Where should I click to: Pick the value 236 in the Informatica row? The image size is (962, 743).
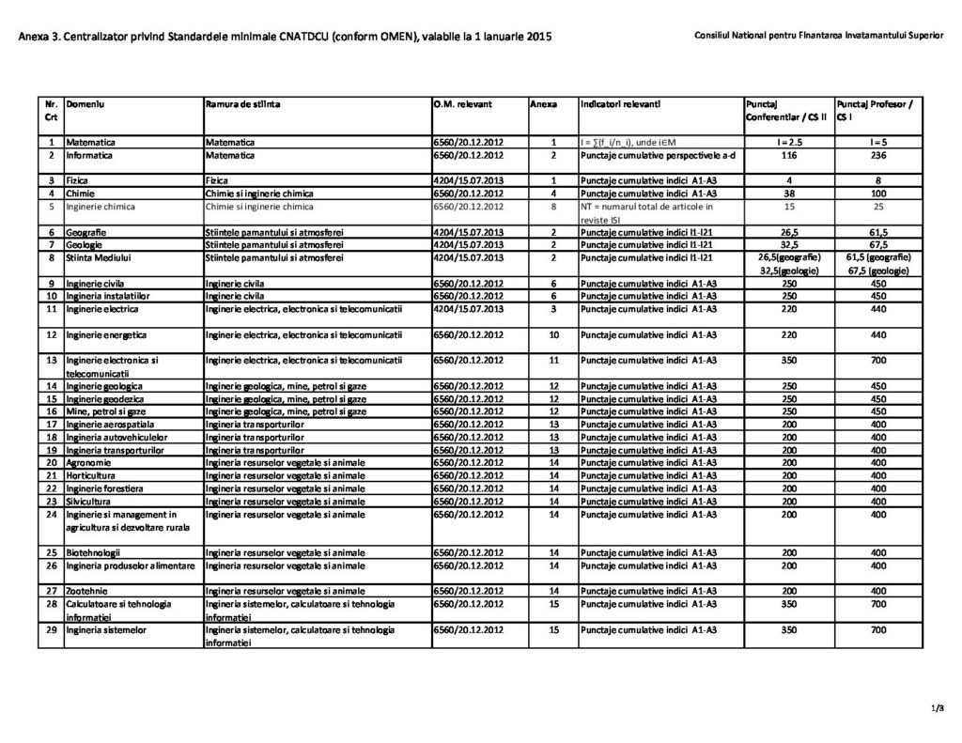pyautogui.click(x=879, y=154)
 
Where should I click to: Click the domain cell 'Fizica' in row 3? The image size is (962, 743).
pyautogui.click(x=77, y=178)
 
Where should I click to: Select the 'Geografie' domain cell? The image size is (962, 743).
pyautogui.click(x=85, y=231)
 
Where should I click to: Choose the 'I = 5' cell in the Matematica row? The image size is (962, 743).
pyautogui.click(x=879, y=142)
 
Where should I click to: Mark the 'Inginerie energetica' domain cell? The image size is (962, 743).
pyautogui.click(x=106, y=334)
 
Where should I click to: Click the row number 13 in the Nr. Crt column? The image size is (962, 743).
pyautogui.click(x=52, y=360)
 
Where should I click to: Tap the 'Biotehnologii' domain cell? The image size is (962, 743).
pyautogui.click(x=92, y=551)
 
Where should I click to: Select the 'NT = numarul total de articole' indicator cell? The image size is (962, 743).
pyautogui.click(x=647, y=206)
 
